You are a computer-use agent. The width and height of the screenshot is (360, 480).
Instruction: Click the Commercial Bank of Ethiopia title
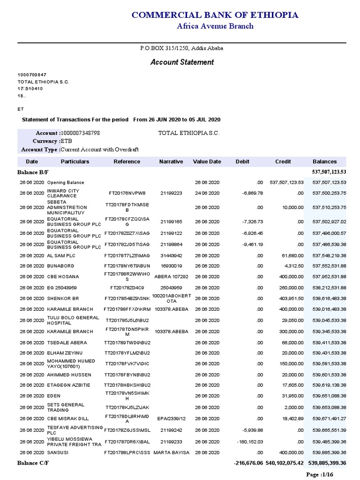tap(215, 15)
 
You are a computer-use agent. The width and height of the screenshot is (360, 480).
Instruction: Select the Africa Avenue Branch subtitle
tap(215, 26)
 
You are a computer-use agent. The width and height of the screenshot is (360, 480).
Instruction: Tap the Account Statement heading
tap(182, 62)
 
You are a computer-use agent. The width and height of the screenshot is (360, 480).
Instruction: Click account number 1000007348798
tap(80, 133)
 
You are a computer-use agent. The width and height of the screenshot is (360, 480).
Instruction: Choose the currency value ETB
tap(66, 141)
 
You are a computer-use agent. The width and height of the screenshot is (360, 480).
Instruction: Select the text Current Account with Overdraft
tap(100, 150)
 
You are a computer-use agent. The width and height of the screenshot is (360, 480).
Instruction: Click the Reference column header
tap(127, 162)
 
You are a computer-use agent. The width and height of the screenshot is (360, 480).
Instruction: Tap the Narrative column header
tap(171, 162)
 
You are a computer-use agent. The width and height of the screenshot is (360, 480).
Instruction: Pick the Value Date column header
tap(207, 162)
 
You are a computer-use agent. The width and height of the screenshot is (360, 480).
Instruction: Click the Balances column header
tap(325, 162)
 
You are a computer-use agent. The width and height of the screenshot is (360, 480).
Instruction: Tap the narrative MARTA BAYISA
tap(172, 453)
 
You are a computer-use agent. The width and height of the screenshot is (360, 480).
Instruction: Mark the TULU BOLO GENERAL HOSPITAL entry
tap(73, 321)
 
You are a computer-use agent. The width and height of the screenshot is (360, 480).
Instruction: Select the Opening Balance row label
tap(66, 182)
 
